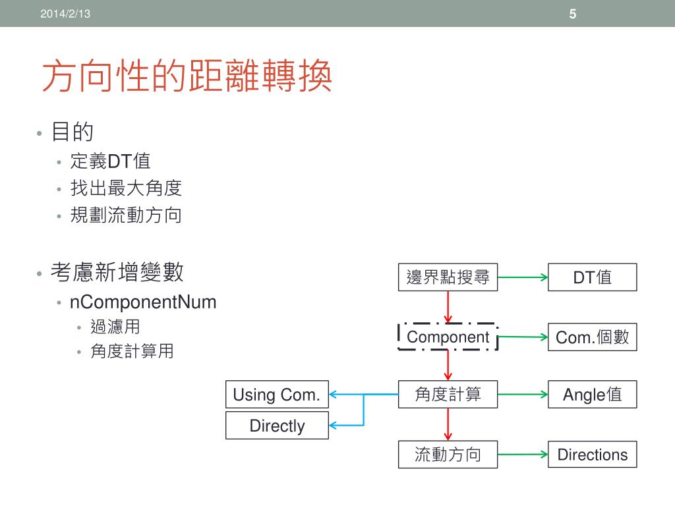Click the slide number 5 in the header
coord(573,14)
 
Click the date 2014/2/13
coord(65,14)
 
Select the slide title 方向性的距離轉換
coord(187,77)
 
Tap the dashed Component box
coord(448,337)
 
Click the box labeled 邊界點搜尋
coord(448,277)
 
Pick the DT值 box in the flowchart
coord(592,277)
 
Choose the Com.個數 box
coord(592,337)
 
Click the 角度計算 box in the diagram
coord(448,395)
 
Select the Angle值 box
coord(592,395)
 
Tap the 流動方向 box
coord(448,455)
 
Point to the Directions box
coord(592,455)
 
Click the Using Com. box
coord(277,395)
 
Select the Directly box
coord(277,426)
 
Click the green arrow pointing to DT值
coord(523,277)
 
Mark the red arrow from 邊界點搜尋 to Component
coord(448,307)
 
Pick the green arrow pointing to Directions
coord(523,455)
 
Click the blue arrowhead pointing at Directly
coord(334,426)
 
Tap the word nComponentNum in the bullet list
coord(143,302)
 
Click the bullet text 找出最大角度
coord(126,189)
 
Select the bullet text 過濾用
coord(115,327)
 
